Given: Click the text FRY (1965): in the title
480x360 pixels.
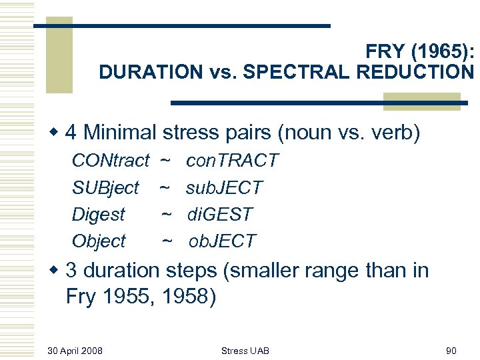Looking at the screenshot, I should click(x=419, y=51).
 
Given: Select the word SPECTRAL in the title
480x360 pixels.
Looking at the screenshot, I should click(x=295, y=72).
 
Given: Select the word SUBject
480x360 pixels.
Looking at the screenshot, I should click(x=105, y=188).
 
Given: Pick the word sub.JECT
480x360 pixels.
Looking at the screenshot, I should click(x=225, y=188).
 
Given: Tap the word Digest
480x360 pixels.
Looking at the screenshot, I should click(x=98, y=215).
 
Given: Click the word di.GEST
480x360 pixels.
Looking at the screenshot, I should click(x=220, y=215).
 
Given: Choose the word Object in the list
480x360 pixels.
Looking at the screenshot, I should click(x=98, y=241).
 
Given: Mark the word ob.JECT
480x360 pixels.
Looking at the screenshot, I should click(x=222, y=241).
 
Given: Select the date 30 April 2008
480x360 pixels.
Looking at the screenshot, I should click(x=75, y=351).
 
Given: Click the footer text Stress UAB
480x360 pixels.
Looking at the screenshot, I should click(x=245, y=351).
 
